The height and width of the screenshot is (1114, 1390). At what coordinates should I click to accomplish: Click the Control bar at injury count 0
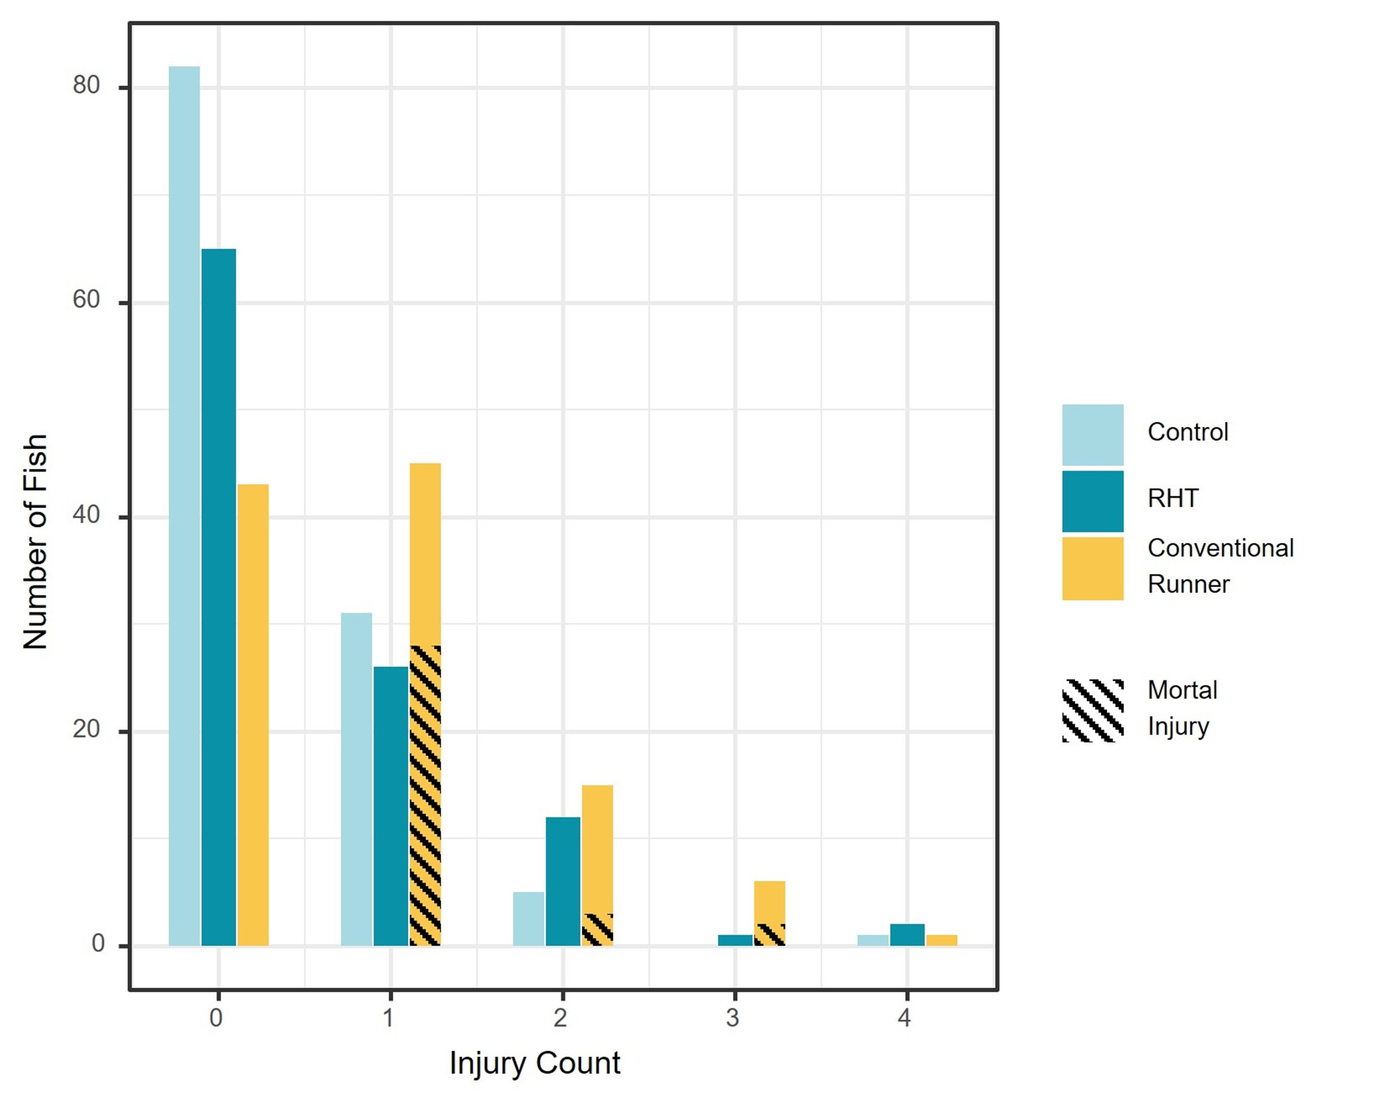[184, 505]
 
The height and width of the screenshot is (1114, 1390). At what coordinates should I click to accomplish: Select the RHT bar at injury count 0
[218, 596]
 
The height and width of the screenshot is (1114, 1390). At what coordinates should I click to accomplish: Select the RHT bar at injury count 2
[562, 881]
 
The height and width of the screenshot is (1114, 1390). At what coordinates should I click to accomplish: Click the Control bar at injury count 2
[528, 918]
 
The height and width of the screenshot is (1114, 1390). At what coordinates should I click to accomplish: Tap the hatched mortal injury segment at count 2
[597, 929]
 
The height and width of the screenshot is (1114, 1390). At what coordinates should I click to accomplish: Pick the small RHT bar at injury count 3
[735, 940]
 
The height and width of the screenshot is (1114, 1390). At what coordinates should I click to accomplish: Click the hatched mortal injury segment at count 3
[769, 934]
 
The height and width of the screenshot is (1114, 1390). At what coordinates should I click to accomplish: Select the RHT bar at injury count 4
[907, 934]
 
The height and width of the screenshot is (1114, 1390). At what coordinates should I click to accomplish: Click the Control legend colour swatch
[1092, 434]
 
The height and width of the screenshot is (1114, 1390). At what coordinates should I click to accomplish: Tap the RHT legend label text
[1173, 498]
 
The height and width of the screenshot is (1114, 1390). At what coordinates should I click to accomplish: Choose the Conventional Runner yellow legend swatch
[1092, 568]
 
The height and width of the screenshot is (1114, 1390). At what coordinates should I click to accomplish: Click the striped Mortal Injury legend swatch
[1092, 710]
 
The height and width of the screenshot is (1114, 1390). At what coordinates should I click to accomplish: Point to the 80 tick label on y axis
[86, 86]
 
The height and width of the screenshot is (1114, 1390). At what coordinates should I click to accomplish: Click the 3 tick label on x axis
[732, 1018]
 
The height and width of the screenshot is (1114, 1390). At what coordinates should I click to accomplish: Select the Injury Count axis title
[535, 1063]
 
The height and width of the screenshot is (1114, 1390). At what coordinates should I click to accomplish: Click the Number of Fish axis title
[36, 541]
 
